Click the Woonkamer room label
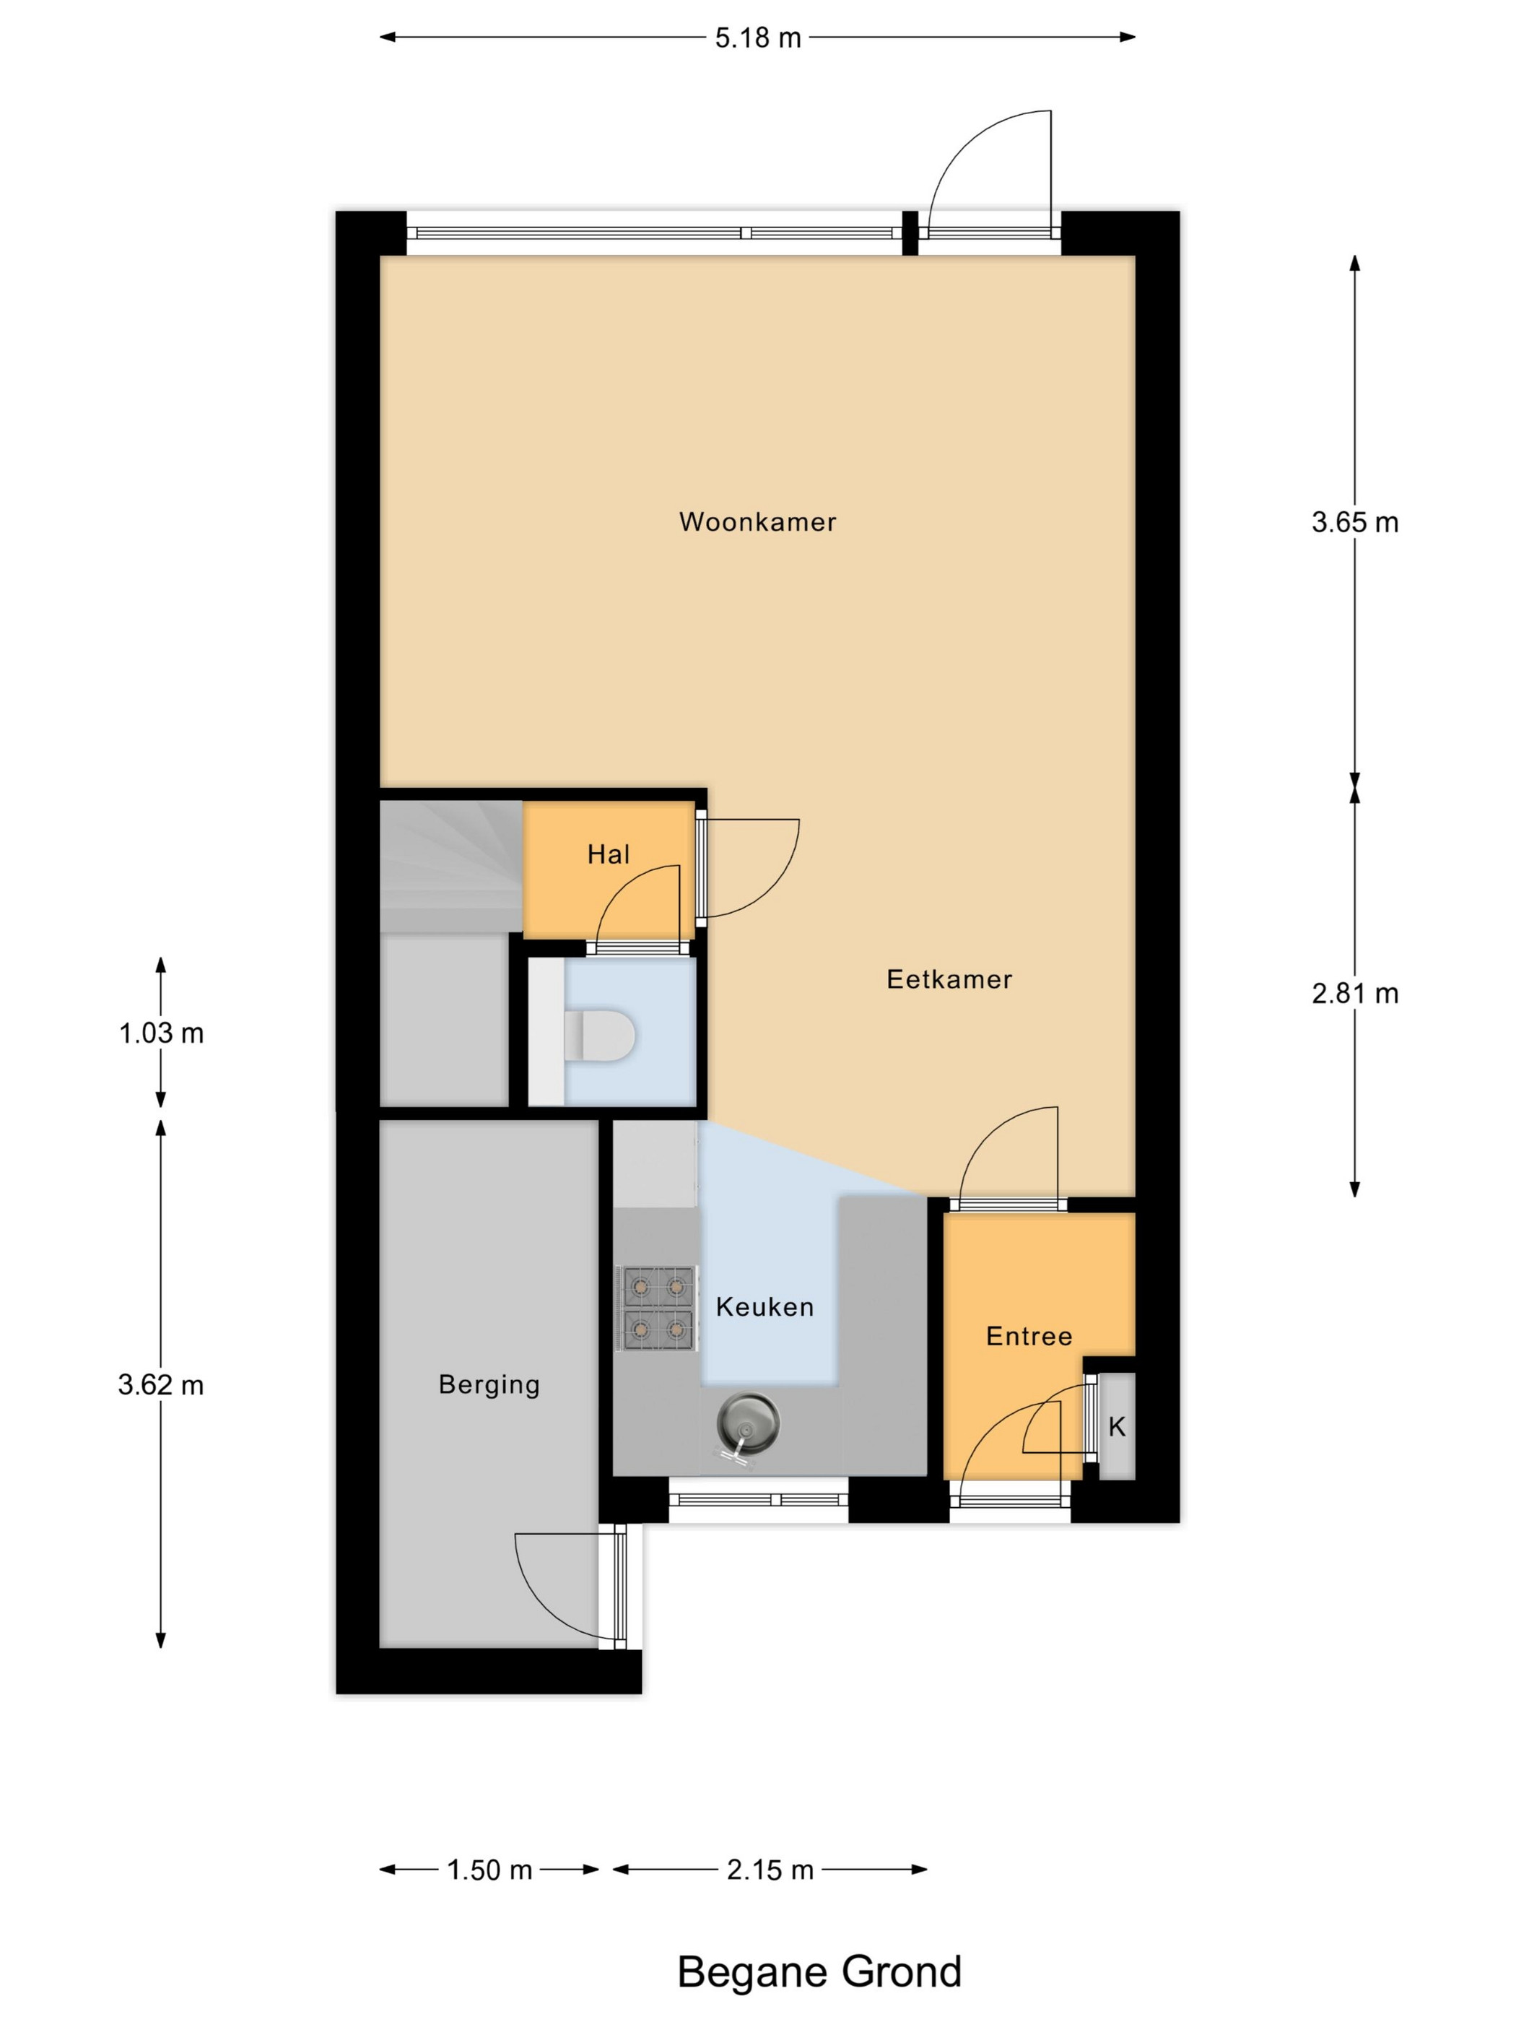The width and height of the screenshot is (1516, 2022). coord(757,522)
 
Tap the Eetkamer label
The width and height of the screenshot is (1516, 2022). coord(949,979)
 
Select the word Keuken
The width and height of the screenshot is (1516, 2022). coord(764,1306)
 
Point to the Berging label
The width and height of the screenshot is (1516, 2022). coord(489,1385)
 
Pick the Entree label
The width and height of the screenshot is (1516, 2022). coord(1029,1337)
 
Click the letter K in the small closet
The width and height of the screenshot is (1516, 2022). coord(1117,1426)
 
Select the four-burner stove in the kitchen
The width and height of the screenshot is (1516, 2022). coord(657,1308)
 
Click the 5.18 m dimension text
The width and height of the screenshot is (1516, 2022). coord(757,38)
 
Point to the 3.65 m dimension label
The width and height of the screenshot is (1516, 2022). coord(1354,522)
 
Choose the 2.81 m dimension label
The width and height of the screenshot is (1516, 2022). coord(1354,993)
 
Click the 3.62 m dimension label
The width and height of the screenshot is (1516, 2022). coord(161,1385)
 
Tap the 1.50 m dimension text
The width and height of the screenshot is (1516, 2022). coord(489,1870)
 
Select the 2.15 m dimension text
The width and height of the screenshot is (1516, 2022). coord(770,1870)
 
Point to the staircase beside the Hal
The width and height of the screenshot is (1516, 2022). coord(450,867)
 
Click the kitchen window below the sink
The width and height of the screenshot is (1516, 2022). coord(759,1499)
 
